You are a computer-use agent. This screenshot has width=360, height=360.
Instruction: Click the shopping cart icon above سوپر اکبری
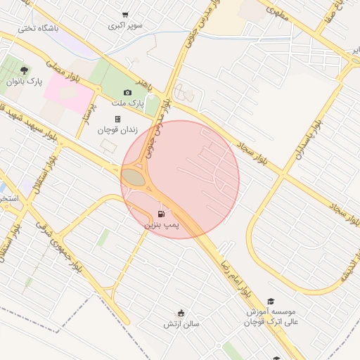coord(125,15)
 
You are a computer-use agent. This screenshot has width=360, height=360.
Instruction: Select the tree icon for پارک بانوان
coord(25,70)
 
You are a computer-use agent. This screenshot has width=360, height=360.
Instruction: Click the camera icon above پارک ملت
coord(127,92)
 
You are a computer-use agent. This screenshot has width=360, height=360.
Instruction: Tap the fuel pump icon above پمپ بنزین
coord(162,214)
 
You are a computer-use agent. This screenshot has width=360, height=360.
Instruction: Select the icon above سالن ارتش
coord(181,313)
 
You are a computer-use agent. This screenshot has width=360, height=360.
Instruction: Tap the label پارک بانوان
coord(25,82)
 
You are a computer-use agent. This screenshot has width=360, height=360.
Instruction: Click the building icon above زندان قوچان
coord(117,119)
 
